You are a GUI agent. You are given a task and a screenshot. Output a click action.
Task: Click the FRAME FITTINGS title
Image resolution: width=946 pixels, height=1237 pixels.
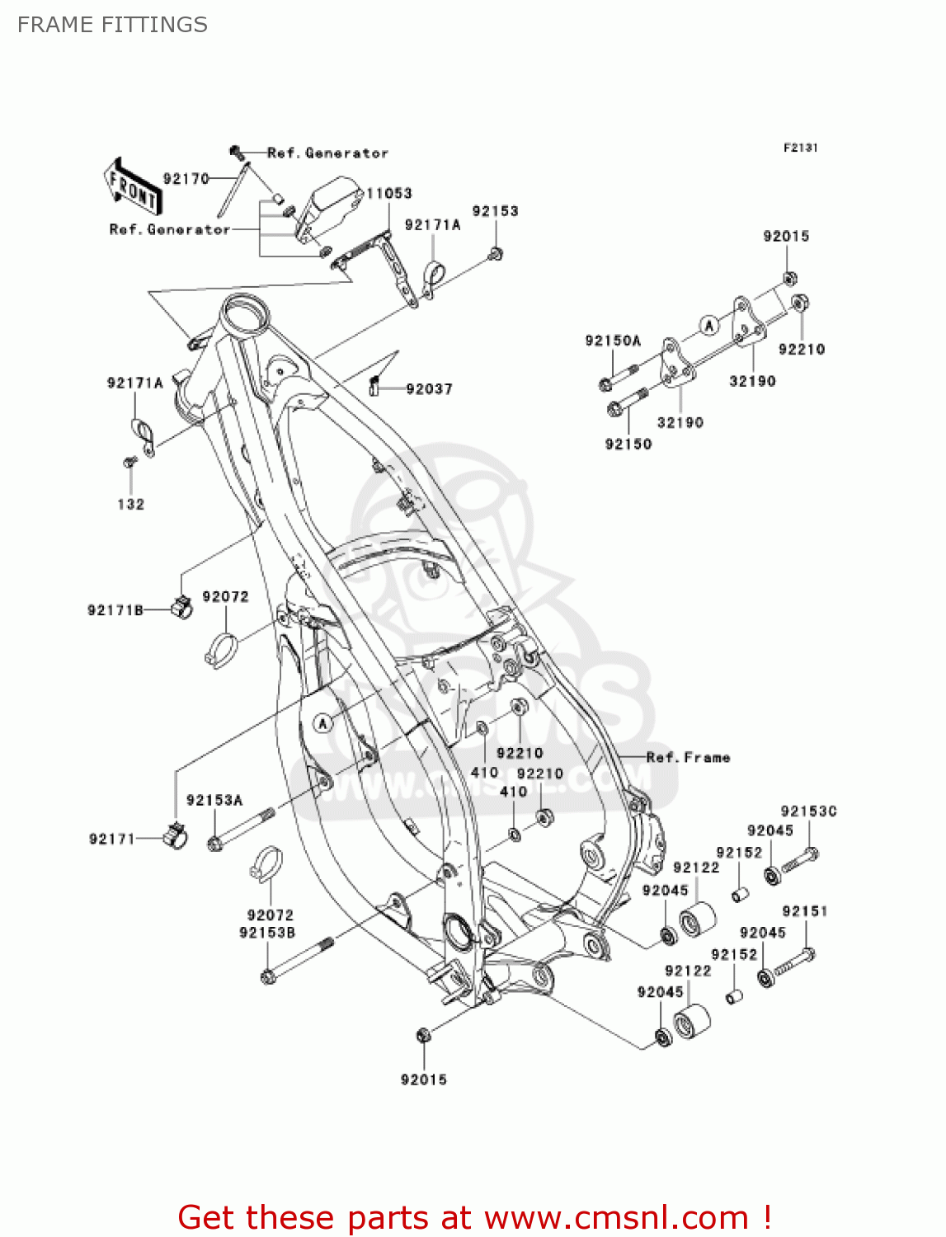pyautogui.click(x=112, y=25)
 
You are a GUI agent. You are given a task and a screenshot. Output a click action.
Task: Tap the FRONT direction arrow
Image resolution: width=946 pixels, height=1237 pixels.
pyautogui.click(x=130, y=189)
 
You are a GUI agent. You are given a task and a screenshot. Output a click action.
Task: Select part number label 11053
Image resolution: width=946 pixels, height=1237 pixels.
pyautogui.click(x=388, y=193)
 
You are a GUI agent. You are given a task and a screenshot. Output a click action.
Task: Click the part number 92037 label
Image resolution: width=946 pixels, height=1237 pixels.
pyautogui.click(x=429, y=388)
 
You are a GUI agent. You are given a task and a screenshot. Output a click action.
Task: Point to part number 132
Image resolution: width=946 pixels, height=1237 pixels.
pyautogui.click(x=130, y=504)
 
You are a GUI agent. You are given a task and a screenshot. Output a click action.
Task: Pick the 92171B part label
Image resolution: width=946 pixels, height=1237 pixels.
pyautogui.click(x=115, y=610)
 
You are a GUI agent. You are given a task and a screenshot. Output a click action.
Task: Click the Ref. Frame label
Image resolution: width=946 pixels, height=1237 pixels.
pyautogui.click(x=688, y=757)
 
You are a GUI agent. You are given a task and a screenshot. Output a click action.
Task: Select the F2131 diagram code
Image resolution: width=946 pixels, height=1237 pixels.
pyautogui.click(x=800, y=148)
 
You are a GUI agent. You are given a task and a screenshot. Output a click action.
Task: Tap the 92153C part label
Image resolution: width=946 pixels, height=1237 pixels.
pyautogui.click(x=808, y=811)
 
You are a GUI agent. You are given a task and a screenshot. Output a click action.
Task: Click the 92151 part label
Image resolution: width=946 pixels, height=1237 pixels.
pyautogui.click(x=804, y=911)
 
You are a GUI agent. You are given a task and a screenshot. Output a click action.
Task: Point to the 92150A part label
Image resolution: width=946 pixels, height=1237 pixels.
pyautogui.click(x=613, y=341)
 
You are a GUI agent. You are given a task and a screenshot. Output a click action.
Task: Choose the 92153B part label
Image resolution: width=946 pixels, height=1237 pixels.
pyautogui.click(x=267, y=933)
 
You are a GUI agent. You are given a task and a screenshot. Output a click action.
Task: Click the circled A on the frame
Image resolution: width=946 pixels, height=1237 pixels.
pyautogui.click(x=323, y=723)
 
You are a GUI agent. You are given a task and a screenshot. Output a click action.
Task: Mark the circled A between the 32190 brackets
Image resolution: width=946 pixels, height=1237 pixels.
pyautogui.click(x=708, y=325)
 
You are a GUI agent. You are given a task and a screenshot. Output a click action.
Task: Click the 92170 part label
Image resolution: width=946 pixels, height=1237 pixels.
pyautogui.click(x=186, y=179)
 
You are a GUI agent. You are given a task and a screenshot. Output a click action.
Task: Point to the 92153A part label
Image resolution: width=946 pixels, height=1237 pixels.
pyautogui.click(x=214, y=800)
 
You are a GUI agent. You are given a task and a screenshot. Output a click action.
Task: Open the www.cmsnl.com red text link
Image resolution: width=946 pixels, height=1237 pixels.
pyautogui.click(x=615, y=1217)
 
